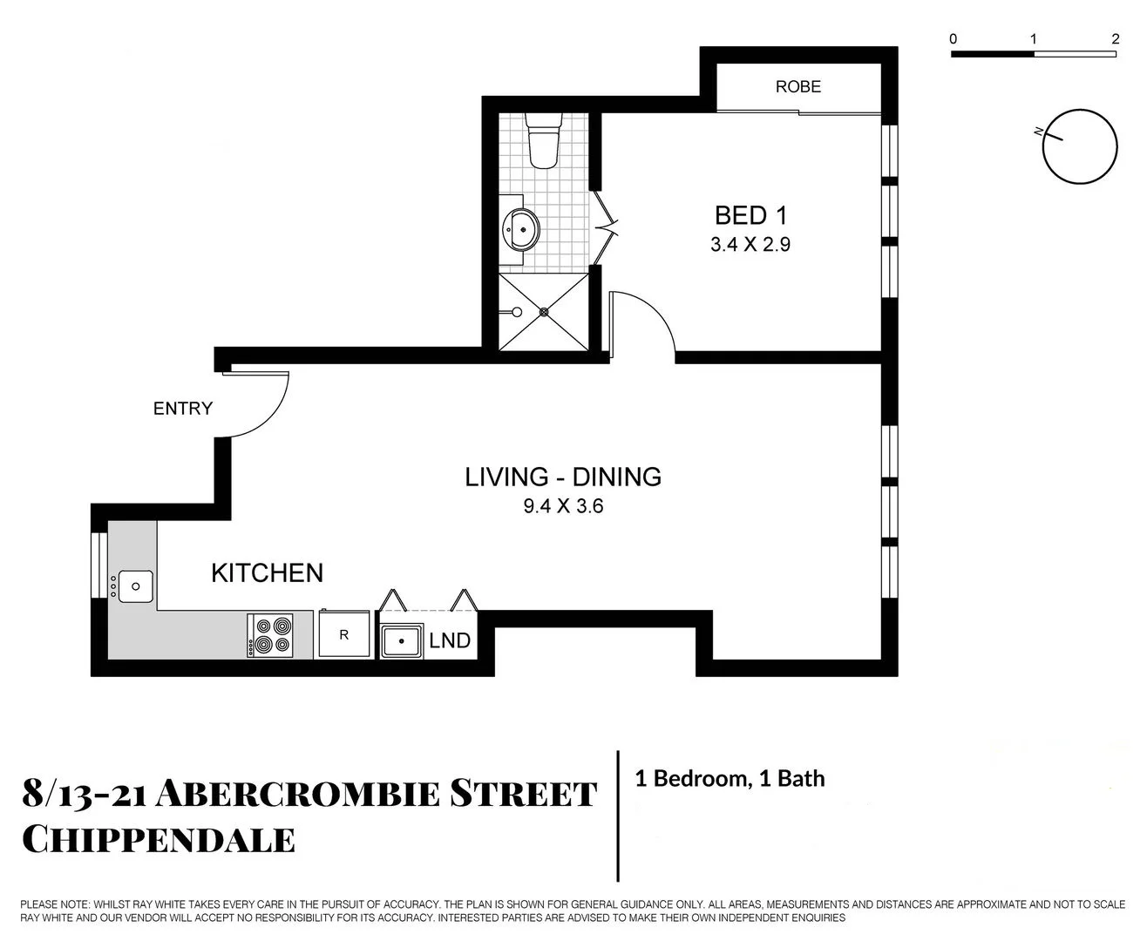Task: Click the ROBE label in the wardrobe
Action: tap(797, 86)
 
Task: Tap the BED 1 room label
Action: tap(750, 215)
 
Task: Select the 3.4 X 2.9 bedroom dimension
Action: tap(750, 245)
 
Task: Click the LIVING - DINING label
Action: tap(562, 477)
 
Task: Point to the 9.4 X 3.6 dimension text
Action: tap(562, 505)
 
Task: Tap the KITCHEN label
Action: tap(267, 572)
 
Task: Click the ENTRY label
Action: tap(182, 409)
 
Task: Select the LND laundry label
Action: tap(450, 641)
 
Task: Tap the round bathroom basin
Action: tap(520, 229)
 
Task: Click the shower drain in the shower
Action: tap(544, 311)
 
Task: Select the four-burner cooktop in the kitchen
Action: tap(270, 636)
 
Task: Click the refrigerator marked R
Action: tap(343, 635)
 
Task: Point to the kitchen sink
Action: tap(135, 586)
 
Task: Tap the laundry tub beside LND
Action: tap(401, 641)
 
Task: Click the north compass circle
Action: tap(1080, 146)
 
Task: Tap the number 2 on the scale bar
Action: tap(1115, 39)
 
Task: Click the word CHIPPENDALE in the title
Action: tap(158, 840)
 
